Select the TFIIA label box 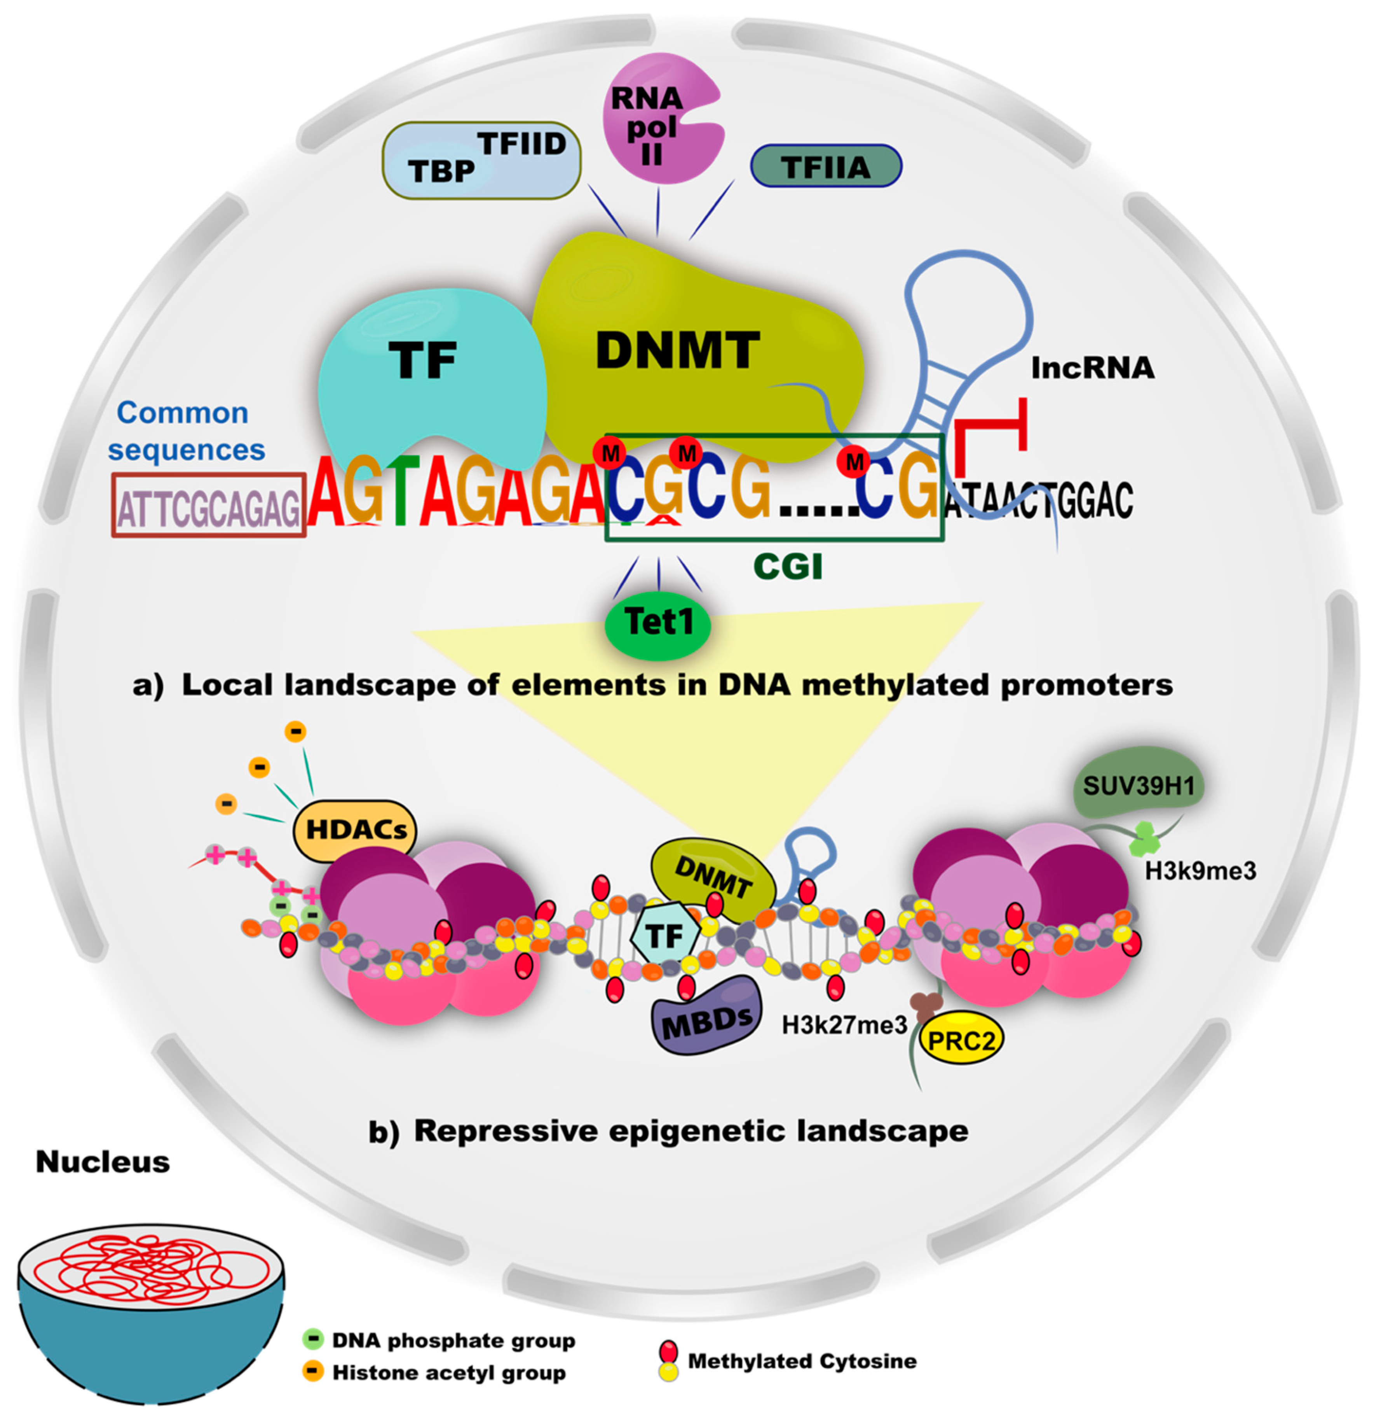click(826, 167)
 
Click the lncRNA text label click(1092, 368)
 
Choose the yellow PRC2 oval click(961, 1040)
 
